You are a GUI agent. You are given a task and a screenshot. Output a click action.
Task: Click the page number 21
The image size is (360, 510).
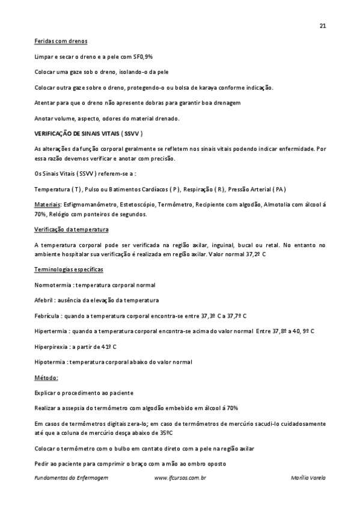coord(323,26)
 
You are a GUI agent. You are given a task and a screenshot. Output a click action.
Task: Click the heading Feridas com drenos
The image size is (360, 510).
coord(61,41)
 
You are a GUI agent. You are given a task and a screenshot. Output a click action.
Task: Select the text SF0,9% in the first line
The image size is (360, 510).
coord(143,57)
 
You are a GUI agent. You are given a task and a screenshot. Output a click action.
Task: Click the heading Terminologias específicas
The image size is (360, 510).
coord(69,271)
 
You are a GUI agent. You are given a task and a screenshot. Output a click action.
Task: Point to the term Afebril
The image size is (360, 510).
coord(44,300)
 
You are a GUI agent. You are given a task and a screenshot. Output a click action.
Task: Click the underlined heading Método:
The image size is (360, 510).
coord(46,378)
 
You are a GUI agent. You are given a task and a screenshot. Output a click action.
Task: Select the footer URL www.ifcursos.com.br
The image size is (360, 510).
coord(180,478)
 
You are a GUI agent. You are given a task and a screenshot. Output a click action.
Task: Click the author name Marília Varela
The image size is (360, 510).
coord(307,478)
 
